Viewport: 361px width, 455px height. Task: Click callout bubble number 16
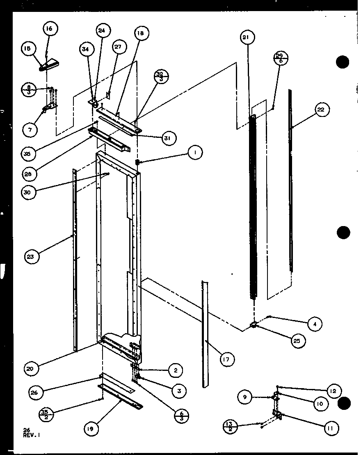(49, 29)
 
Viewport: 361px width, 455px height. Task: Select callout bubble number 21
(246, 38)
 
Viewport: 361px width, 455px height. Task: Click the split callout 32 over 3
(160, 77)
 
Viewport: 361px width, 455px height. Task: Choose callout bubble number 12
(333, 391)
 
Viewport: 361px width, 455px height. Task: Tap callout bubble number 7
(30, 129)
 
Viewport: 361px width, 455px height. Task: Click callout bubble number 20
(32, 368)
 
